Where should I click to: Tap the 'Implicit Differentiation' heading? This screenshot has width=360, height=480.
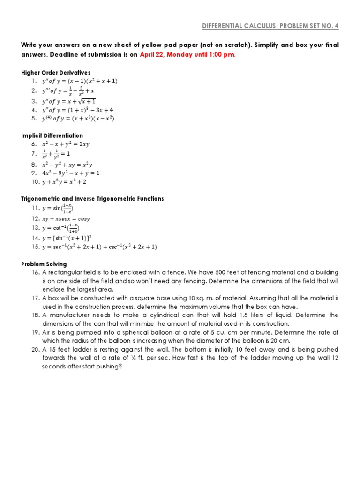point(52,135)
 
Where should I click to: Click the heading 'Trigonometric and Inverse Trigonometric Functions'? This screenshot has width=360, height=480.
point(92,199)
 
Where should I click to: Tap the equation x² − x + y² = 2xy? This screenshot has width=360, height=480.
point(66,144)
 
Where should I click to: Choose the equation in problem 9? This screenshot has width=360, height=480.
point(71,172)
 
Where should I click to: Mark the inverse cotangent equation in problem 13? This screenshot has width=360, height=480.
point(60,228)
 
